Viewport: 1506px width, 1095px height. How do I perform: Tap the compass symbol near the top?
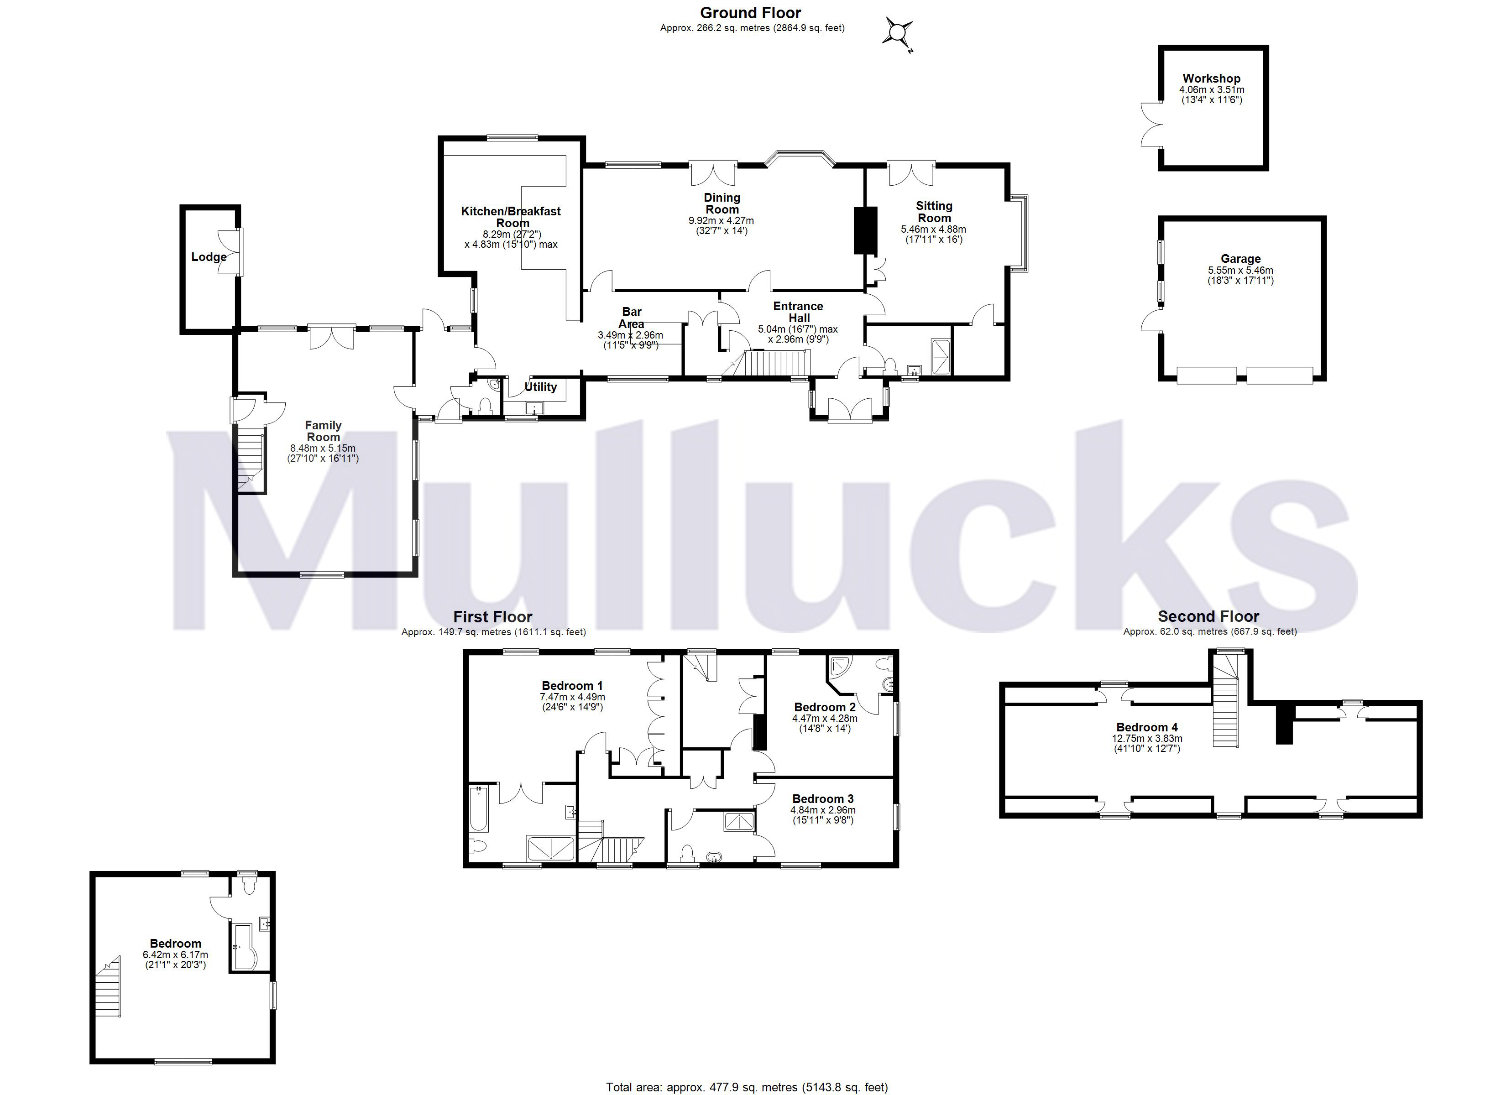[x=897, y=32]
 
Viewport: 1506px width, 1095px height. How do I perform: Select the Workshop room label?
[x=1211, y=78]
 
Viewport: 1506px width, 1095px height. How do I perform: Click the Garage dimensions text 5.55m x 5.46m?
[x=1240, y=270]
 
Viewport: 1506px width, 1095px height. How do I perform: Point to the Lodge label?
[x=209, y=257]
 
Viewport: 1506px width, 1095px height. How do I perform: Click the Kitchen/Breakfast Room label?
[x=511, y=216]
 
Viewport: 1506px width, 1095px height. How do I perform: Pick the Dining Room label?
[x=722, y=203]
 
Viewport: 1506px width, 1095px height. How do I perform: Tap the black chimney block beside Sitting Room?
[x=864, y=230]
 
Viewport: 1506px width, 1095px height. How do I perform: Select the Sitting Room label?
[x=934, y=212]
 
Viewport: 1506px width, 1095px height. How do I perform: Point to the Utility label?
[x=540, y=386]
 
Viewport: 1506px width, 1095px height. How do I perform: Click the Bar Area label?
[x=632, y=318]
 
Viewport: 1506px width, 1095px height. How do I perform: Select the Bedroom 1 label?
[x=572, y=685]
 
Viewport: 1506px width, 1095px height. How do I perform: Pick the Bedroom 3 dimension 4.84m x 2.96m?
[x=823, y=810]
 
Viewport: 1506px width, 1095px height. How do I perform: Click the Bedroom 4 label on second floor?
[x=1147, y=727]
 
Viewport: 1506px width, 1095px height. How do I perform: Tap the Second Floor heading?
[x=1208, y=616]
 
